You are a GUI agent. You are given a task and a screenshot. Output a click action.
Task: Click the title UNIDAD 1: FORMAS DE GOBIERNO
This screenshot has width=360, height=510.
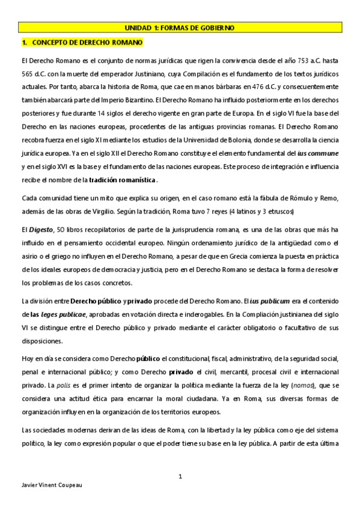pos(180,28)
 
